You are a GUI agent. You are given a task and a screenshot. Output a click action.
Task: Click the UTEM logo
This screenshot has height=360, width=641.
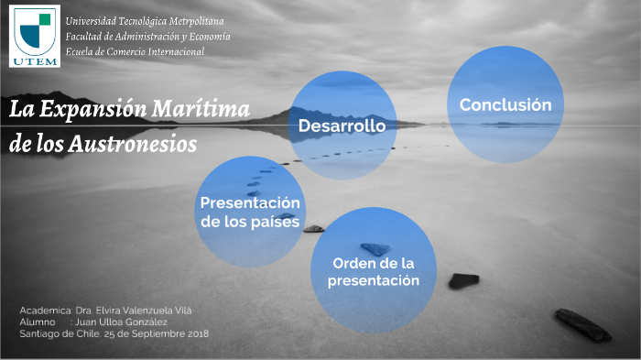pyautogui.click(x=35, y=36)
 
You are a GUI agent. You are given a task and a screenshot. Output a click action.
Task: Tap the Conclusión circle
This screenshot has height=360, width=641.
pyautogui.click(x=505, y=104)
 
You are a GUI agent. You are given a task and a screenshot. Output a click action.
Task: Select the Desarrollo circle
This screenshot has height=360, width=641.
pyautogui.click(x=342, y=125)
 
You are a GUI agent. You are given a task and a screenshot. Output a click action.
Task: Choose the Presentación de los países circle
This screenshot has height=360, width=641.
pyautogui.click(x=250, y=212)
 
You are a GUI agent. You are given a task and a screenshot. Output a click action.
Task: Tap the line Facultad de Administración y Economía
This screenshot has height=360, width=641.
pyautogui.click(x=147, y=37)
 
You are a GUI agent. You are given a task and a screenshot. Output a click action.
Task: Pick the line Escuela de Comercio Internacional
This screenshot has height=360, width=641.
pyautogui.click(x=135, y=51)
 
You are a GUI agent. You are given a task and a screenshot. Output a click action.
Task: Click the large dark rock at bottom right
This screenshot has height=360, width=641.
pyautogui.click(x=582, y=324)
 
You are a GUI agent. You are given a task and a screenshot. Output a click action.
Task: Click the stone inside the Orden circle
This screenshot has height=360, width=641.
pyautogui.click(x=375, y=248)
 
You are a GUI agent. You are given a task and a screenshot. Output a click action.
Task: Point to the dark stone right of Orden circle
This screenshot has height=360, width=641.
pyautogui.click(x=463, y=280)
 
